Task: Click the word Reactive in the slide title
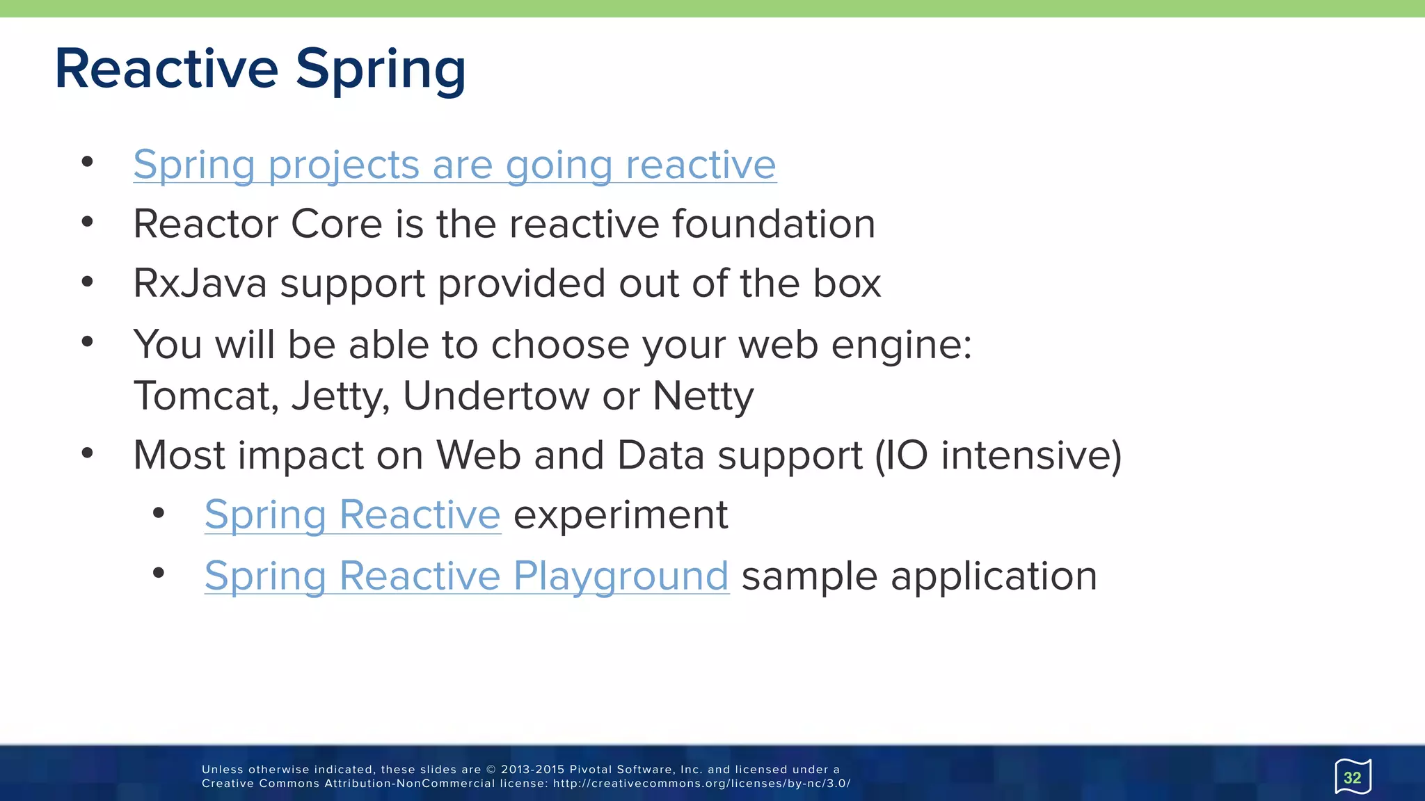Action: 166,69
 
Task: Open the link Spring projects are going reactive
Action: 454,165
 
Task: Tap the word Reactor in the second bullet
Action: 206,224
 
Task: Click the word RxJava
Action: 200,284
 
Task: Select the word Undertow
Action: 496,396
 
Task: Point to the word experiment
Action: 621,516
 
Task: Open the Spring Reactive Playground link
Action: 466,577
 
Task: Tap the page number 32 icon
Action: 1352,777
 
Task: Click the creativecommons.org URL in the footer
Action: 701,784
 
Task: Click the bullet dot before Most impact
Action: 87,453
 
